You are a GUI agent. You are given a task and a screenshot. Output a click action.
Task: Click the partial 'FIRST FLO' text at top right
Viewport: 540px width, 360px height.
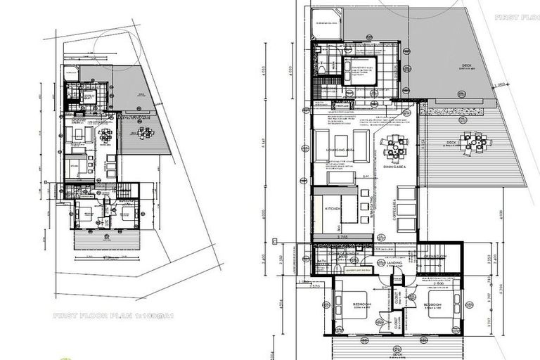tap(516, 16)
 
